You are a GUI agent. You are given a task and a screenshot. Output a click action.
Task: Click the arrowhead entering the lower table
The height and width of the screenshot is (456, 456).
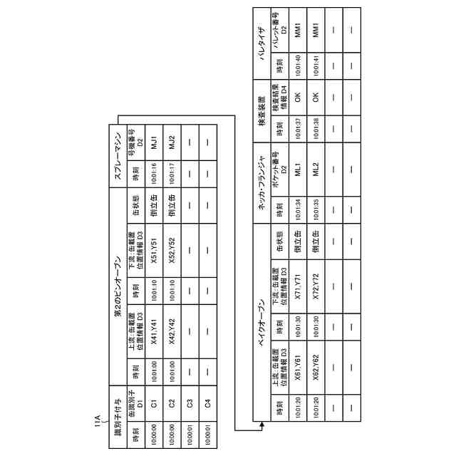[261, 428]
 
